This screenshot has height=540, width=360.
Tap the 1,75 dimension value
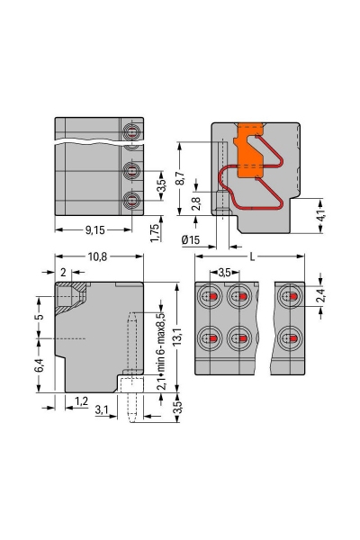pyautogui.click(x=155, y=233)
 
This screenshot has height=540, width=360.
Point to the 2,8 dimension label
pyautogui.click(x=196, y=204)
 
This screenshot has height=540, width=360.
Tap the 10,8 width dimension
pyautogui.click(x=98, y=256)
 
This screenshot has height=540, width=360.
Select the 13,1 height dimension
pyautogui.click(x=178, y=337)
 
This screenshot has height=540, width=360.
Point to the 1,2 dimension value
pyautogui.click(x=81, y=400)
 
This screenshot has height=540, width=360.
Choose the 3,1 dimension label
pyautogui.click(x=103, y=410)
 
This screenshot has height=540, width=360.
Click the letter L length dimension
pyautogui.click(x=252, y=256)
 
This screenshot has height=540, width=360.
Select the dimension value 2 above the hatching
pyautogui.click(x=63, y=272)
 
